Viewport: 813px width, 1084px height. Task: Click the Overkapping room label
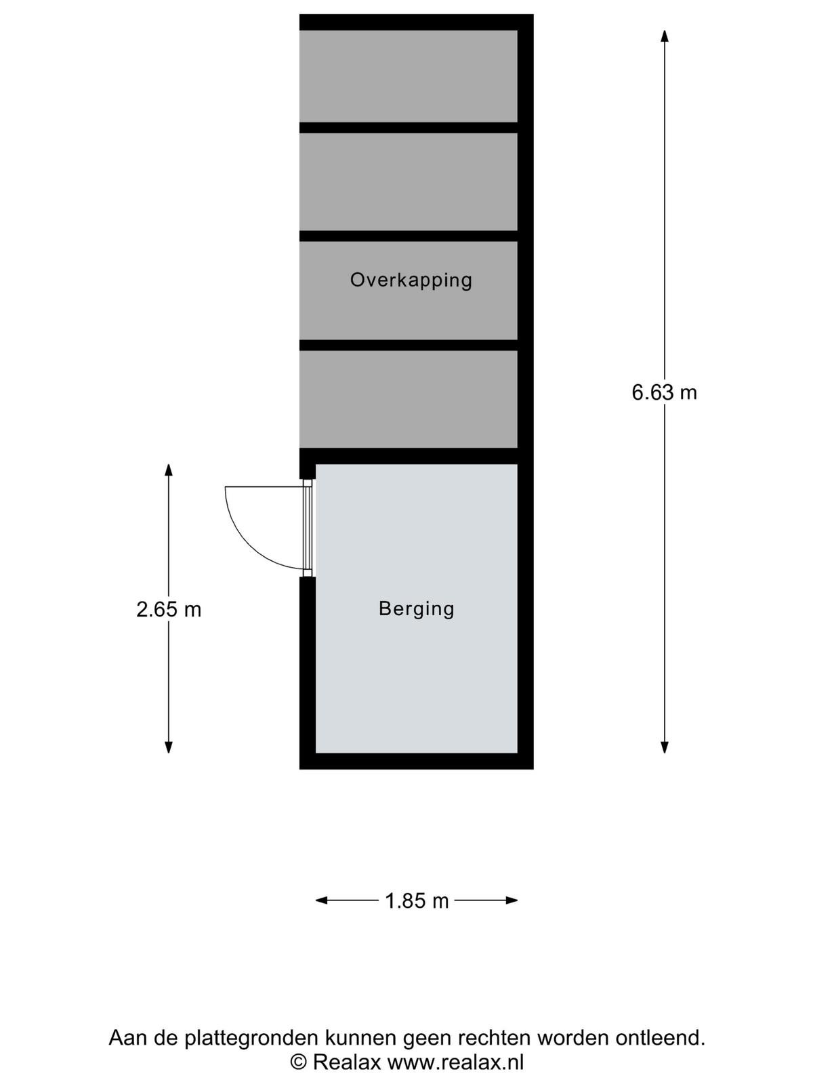point(411,280)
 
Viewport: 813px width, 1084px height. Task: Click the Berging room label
point(416,608)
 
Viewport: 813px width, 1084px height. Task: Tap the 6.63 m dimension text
point(664,392)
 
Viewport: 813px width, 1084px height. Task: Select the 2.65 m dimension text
point(169,610)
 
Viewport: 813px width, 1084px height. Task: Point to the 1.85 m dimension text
point(417,901)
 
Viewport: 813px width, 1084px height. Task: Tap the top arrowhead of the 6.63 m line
point(665,36)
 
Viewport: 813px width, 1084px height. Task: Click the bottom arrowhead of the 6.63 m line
point(665,746)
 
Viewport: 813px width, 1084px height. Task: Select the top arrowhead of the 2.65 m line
point(169,470)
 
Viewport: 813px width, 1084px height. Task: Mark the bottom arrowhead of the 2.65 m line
point(169,746)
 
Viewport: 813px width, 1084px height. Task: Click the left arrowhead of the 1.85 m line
point(322,900)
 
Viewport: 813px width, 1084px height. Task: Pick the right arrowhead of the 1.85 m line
point(512,900)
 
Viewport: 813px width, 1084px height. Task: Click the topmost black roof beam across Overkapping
point(409,127)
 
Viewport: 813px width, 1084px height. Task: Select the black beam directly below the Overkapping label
point(409,345)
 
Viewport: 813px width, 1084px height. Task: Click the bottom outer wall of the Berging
point(416,761)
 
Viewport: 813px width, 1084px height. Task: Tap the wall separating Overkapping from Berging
point(409,456)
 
